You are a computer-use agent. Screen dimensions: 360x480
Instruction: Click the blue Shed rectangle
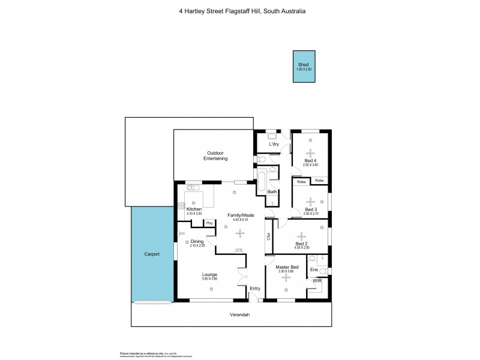tap(304, 67)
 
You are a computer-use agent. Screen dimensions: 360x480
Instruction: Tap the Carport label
tap(152, 254)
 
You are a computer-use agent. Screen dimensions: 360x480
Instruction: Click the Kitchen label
tap(194, 209)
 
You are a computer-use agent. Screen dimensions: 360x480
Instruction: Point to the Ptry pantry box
tap(209, 223)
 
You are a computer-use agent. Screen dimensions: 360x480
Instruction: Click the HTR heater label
tap(239, 250)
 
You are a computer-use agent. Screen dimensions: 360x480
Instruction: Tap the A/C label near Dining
tap(181, 233)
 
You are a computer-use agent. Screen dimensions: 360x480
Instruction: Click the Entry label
tap(255, 289)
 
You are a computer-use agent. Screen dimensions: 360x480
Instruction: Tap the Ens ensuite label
tap(314, 270)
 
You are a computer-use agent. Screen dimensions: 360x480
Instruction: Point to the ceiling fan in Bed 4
tap(310, 152)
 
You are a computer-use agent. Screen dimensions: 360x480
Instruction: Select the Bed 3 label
tap(310, 209)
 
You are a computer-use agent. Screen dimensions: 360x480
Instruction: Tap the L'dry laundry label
tap(274, 145)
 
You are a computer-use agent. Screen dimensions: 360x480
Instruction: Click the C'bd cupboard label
tap(268, 235)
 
